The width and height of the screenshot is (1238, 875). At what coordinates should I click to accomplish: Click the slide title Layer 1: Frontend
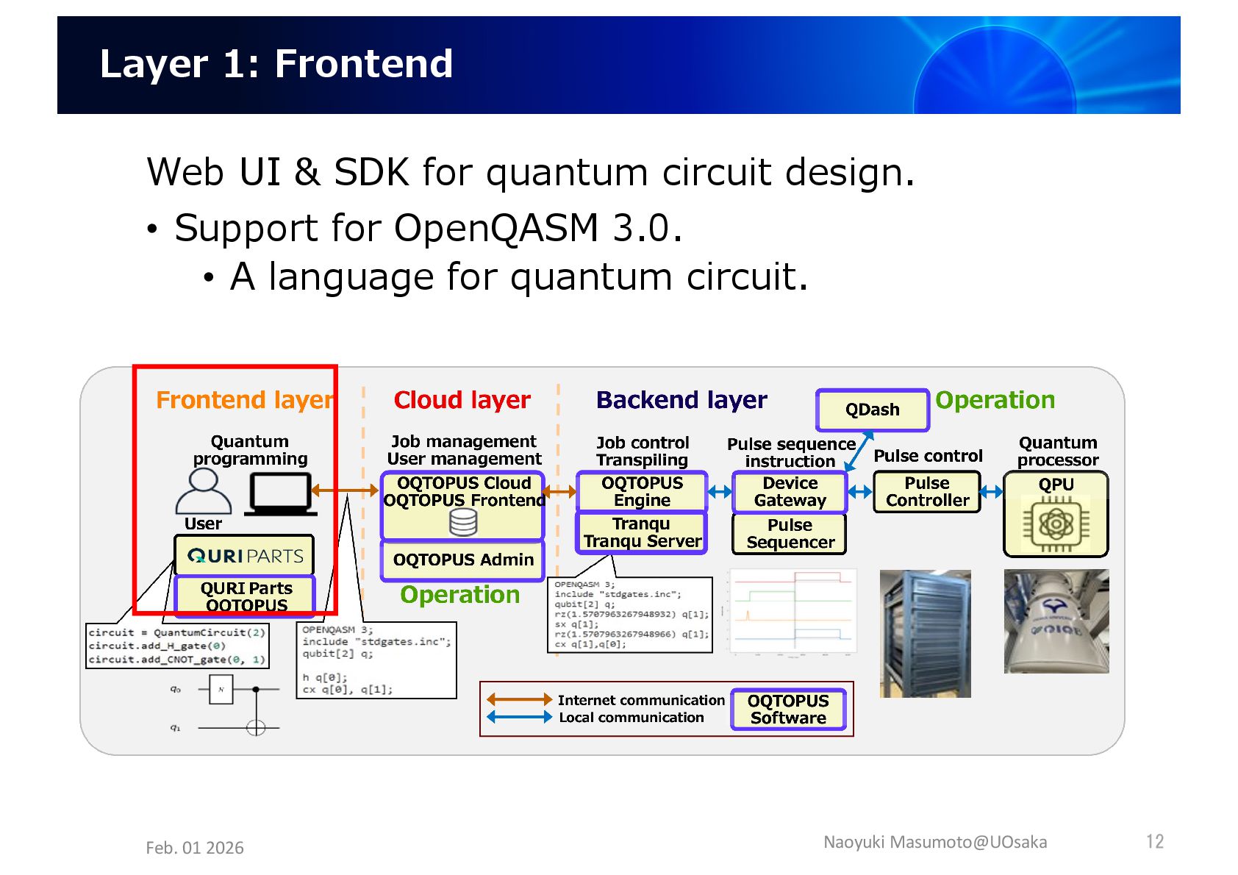[276, 64]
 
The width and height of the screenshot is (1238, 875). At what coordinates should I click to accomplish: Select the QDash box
[872, 410]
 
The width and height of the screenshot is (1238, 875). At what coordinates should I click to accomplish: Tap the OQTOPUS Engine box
[642, 491]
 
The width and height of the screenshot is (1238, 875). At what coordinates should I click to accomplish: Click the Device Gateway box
[790, 491]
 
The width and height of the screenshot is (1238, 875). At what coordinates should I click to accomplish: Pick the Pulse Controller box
[927, 491]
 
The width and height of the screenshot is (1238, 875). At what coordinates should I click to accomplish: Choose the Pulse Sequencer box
[790, 533]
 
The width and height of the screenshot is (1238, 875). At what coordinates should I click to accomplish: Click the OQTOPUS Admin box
[462, 560]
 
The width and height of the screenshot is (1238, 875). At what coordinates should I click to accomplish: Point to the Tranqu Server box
[642, 532]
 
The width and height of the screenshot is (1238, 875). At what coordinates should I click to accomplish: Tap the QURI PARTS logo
[245, 555]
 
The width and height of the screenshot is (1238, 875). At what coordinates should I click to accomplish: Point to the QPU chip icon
[1056, 524]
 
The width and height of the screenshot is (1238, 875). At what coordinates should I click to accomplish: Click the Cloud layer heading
[462, 400]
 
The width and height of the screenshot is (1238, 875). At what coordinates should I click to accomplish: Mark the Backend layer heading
[681, 400]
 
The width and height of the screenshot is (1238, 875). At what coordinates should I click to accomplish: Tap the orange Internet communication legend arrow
[519, 699]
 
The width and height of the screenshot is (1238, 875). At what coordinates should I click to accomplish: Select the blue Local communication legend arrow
[519, 717]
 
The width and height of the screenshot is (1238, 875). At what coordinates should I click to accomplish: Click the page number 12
[1154, 841]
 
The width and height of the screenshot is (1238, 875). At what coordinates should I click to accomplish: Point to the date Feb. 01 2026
[195, 848]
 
